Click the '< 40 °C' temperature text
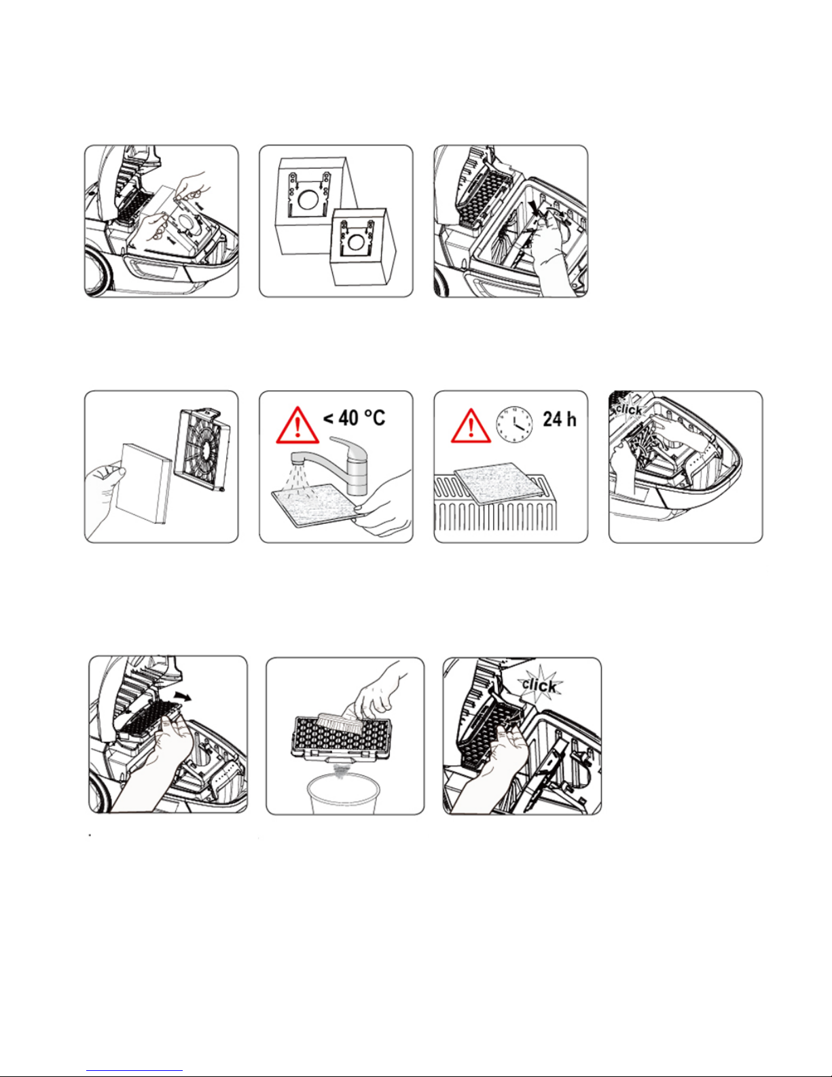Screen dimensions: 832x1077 coord(354,418)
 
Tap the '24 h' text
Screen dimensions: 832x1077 coord(560,419)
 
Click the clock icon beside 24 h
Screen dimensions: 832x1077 coord(515,424)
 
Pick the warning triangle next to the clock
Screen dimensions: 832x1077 coord(471,426)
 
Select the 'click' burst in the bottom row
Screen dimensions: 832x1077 coord(539,686)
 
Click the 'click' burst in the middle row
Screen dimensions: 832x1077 coord(628,409)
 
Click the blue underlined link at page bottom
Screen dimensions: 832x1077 coord(134,1071)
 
